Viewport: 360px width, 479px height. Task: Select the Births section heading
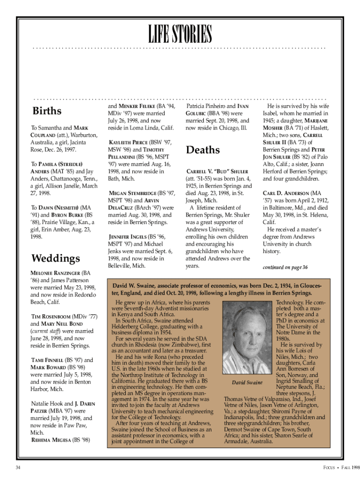click(x=47, y=111)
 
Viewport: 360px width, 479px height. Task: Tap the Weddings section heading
click(x=55, y=258)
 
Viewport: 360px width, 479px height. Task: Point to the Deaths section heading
click(x=203, y=150)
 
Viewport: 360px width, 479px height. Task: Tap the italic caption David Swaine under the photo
click(x=247, y=383)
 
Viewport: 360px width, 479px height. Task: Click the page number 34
click(x=18, y=467)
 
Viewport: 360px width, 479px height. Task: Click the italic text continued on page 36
click(x=285, y=268)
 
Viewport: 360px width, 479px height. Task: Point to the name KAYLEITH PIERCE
click(x=128, y=142)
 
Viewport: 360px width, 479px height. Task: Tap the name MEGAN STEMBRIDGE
click(x=132, y=193)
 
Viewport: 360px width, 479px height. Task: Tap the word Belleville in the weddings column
click(x=121, y=266)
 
